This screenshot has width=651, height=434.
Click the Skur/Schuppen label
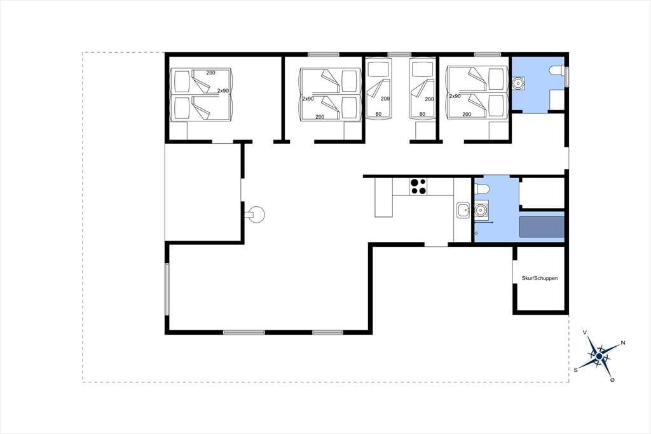539,278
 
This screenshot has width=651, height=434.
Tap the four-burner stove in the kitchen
418,186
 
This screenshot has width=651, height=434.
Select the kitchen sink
463,210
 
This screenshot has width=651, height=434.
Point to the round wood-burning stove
256,214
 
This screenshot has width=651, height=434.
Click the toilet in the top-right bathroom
556,71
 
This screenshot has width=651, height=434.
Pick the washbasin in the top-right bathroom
518,83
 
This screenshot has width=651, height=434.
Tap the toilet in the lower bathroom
483,189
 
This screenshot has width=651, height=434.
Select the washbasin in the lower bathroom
481,210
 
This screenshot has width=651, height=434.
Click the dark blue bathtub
542,227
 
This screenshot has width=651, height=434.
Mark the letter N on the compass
623,343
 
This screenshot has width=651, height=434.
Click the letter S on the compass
576,370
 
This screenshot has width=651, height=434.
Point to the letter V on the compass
585,333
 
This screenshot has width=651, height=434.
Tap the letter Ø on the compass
612,380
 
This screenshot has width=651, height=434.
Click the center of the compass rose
599,356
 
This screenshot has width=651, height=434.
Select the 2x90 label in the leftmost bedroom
223,90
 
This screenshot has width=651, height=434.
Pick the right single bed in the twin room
422,88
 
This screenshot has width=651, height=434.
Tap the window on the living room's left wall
167,289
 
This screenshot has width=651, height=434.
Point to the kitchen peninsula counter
383,197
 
